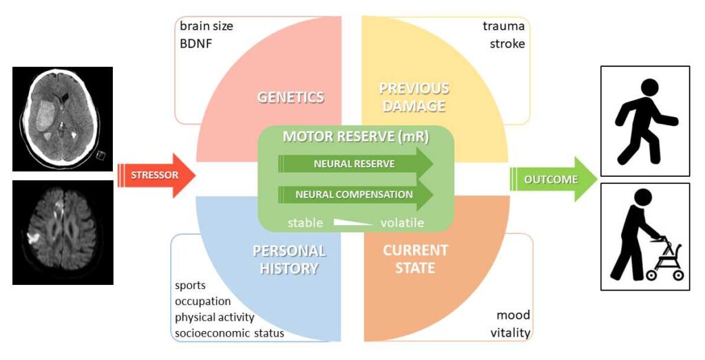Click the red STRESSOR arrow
click(x=156, y=176)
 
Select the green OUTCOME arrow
click(x=553, y=180)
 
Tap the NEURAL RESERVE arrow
click(x=356, y=164)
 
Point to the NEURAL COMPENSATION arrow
click(x=356, y=195)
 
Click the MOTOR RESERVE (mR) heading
click(x=356, y=137)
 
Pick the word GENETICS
click(x=291, y=97)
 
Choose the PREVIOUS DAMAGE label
click(x=414, y=97)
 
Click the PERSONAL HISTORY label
click(x=289, y=260)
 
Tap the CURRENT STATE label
click(x=415, y=259)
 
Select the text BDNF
click(x=196, y=44)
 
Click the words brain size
click(x=207, y=26)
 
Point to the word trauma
click(x=503, y=26)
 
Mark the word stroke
click(x=507, y=44)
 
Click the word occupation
click(x=203, y=301)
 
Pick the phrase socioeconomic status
click(x=229, y=333)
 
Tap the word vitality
click(x=510, y=333)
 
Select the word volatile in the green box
click(x=402, y=222)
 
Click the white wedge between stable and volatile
click(x=353, y=222)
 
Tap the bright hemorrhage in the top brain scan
click(x=45, y=116)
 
